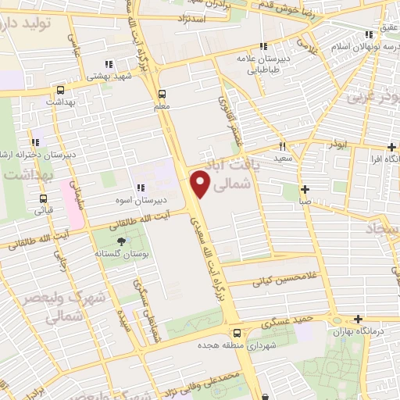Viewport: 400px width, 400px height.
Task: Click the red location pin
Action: [x=201, y=184]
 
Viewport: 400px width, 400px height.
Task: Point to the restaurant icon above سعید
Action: [x=282, y=145]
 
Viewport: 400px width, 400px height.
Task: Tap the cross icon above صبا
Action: [x=305, y=188]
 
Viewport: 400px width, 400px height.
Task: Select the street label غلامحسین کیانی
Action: [x=283, y=277]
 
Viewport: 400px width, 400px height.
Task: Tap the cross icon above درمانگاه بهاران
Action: [x=358, y=319]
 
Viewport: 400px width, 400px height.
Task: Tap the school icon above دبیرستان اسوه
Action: [x=140, y=187]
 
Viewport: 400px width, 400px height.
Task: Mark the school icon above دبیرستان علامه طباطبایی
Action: [x=263, y=46]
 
